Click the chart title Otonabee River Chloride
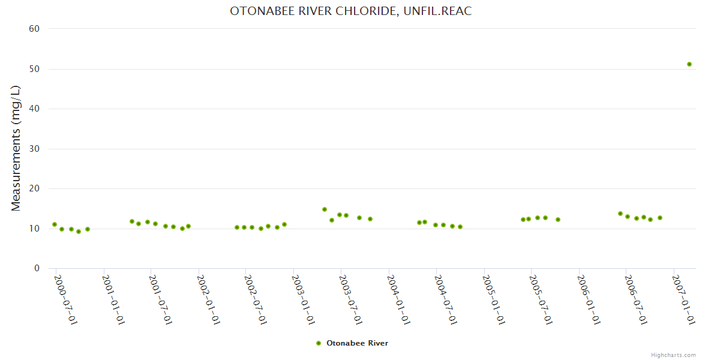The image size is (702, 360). pos(351,11)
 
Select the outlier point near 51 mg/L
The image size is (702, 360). pos(689,64)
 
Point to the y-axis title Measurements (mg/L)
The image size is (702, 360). pos(16,148)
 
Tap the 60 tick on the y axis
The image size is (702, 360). pos(34,29)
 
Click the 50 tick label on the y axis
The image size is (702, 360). pos(34,69)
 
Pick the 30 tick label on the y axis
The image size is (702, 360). pos(34,149)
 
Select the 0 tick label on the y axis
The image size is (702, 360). pos(37,268)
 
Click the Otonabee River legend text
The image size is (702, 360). pos(357,343)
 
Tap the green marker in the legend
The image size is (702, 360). pos(319,343)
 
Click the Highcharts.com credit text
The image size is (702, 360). pos(673,355)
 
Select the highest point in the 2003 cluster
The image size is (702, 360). pos(325,209)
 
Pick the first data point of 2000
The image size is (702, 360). pos(55,224)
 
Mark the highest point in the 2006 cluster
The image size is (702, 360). pos(620,214)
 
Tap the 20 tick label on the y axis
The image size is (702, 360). pos(34,188)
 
